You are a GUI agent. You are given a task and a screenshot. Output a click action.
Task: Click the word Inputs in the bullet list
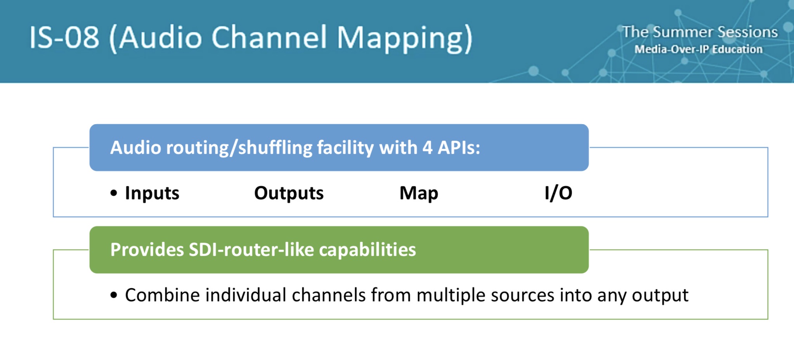pyautogui.click(x=152, y=193)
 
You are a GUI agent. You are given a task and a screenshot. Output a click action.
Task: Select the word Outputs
pyautogui.click(x=289, y=193)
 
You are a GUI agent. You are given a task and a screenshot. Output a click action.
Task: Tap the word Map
pyautogui.click(x=419, y=193)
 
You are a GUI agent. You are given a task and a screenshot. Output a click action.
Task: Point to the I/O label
pyautogui.click(x=558, y=193)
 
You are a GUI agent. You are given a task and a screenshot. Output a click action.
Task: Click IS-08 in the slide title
pyautogui.click(x=64, y=38)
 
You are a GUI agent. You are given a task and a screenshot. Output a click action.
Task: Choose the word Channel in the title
pyautogui.click(x=269, y=38)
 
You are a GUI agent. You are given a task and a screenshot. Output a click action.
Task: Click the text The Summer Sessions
pyautogui.click(x=700, y=32)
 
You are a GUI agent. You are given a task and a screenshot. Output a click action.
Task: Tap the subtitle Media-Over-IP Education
pyautogui.click(x=699, y=49)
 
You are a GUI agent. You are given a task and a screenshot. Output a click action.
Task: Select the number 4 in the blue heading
pyautogui.click(x=428, y=148)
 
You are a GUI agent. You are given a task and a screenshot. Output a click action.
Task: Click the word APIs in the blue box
pyautogui.click(x=459, y=148)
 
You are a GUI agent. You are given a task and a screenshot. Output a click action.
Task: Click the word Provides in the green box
pyautogui.click(x=147, y=250)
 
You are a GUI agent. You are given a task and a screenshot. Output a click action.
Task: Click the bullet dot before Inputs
pyautogui.click(x=114, y=193)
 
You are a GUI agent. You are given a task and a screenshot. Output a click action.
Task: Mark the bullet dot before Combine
pyautogui.click(x=114, y=295)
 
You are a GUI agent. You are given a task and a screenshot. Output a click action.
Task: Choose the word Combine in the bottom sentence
pyautogui.click(x=163, y=295)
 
